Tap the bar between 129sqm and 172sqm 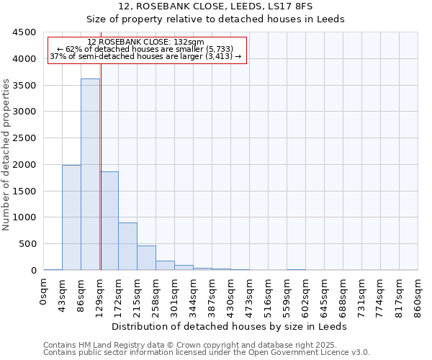click(x=109, y=220)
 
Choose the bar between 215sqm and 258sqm click(x=146, y=258)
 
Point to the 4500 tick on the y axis click(x=24, y=32)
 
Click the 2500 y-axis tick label click(x=24, y=138)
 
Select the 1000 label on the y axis click(x=24, y=217)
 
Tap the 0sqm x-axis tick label click(x=44, y=295)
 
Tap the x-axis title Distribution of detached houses click(x=230, y=326)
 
